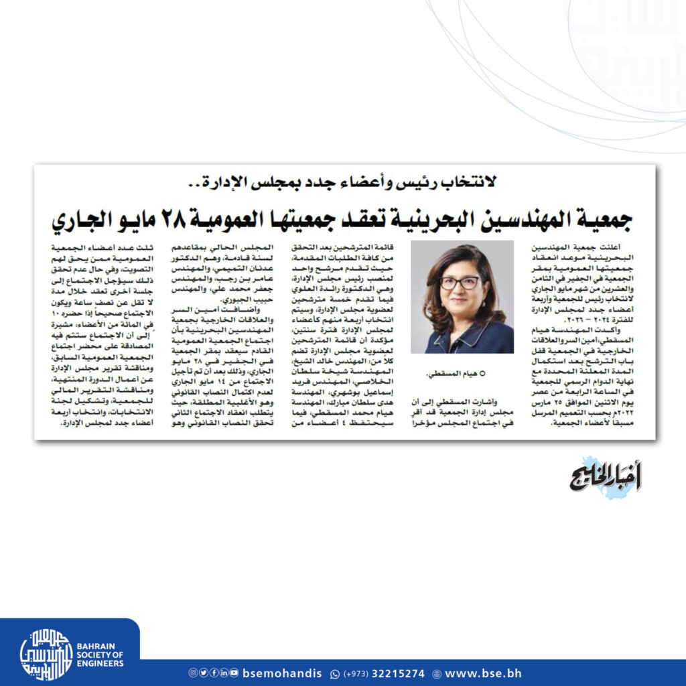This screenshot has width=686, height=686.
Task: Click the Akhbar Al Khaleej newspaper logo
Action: (606, 477)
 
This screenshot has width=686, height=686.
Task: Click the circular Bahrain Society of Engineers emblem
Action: (46, 655)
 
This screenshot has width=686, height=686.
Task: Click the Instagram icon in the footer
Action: (193, 673)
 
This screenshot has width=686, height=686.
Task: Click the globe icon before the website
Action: (437, 673)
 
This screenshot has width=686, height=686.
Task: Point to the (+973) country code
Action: (357, 673)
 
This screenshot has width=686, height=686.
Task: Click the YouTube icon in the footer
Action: (234, 673)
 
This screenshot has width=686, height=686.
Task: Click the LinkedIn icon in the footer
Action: (224, 673)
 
